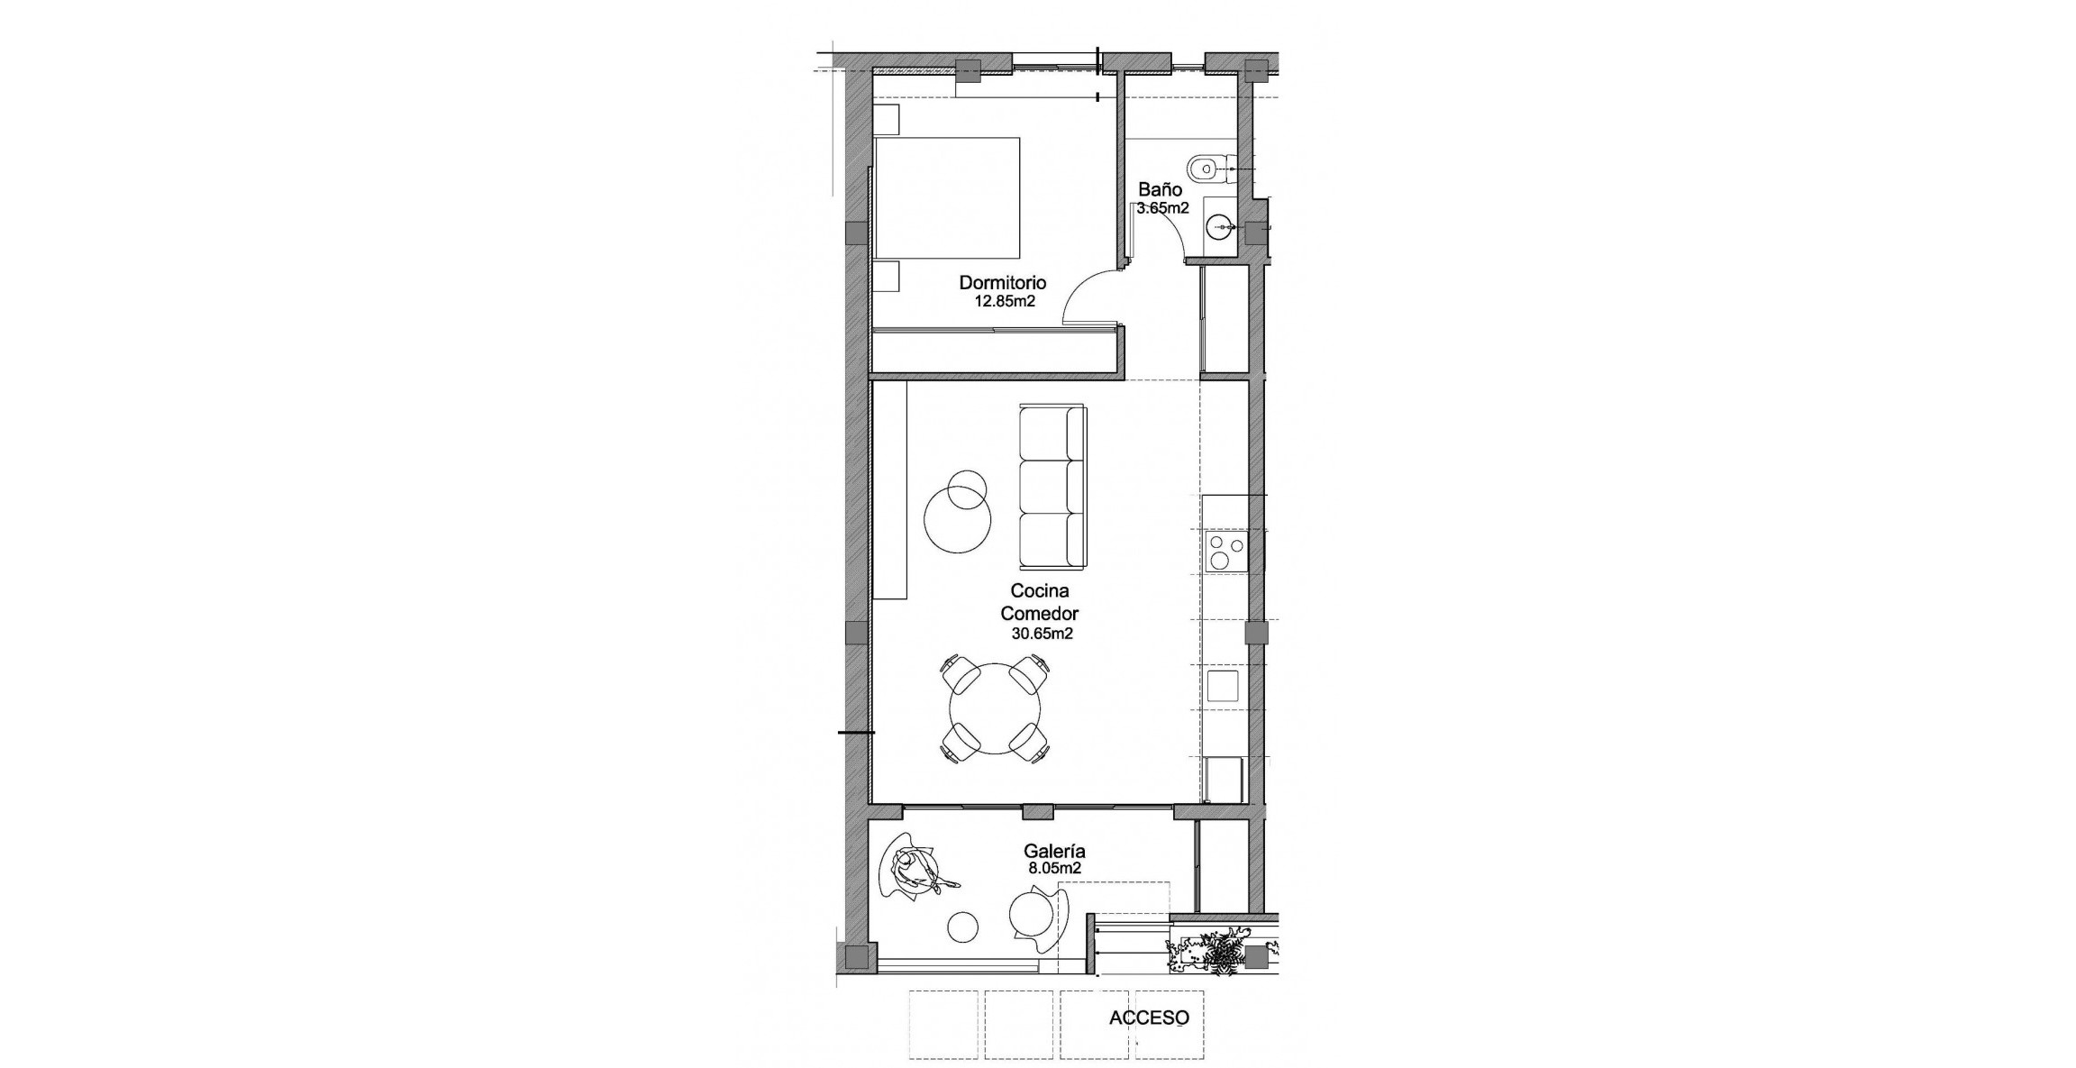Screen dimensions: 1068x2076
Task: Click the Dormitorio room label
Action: (1002, 283)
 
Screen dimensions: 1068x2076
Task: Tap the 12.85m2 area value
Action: (1004, 302)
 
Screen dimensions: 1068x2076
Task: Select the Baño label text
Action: (1160, 189)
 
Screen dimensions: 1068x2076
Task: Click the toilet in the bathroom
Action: (1207, 168)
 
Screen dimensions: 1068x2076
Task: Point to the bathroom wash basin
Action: (1220, 225)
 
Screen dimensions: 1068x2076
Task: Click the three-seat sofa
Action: (1052, 488)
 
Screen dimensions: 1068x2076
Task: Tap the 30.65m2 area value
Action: (1042, 634)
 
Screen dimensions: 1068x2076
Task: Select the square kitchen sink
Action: (1223, 686)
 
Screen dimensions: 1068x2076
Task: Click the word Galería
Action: (1053, 851)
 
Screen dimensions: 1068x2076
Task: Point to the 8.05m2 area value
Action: (1054, 869)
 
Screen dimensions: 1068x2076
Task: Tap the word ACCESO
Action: (1149, 1018)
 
